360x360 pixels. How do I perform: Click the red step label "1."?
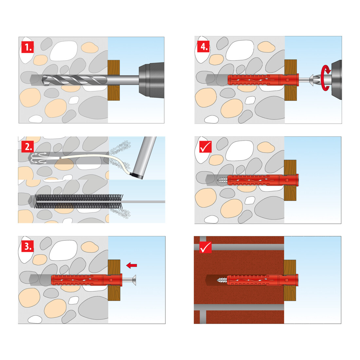pyautogui.click(x=28, y=47)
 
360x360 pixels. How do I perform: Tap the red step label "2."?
pyautogui.click(x=28, y=147)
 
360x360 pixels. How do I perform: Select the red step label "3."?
pyautogui.click(x=28, y=246)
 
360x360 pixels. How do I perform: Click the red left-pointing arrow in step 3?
pyautogui.click(x=132, y=265)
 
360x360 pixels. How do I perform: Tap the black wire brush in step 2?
pyautogui.click(x=79, y=201)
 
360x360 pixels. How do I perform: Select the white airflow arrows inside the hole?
pyautogui.click(x=39, y=158)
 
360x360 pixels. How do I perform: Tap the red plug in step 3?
pyautogui.click(x=86, y=280)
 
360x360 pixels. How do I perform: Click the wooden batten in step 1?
pyautogui.click(x=114, y=80)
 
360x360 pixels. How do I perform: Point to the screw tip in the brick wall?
pyautogui.click(x=222, y=280)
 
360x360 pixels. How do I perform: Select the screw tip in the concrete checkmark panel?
pyautogui.click(x=222, y=180)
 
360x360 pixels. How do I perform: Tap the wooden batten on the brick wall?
pyautogui.click(x=290, y=280)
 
